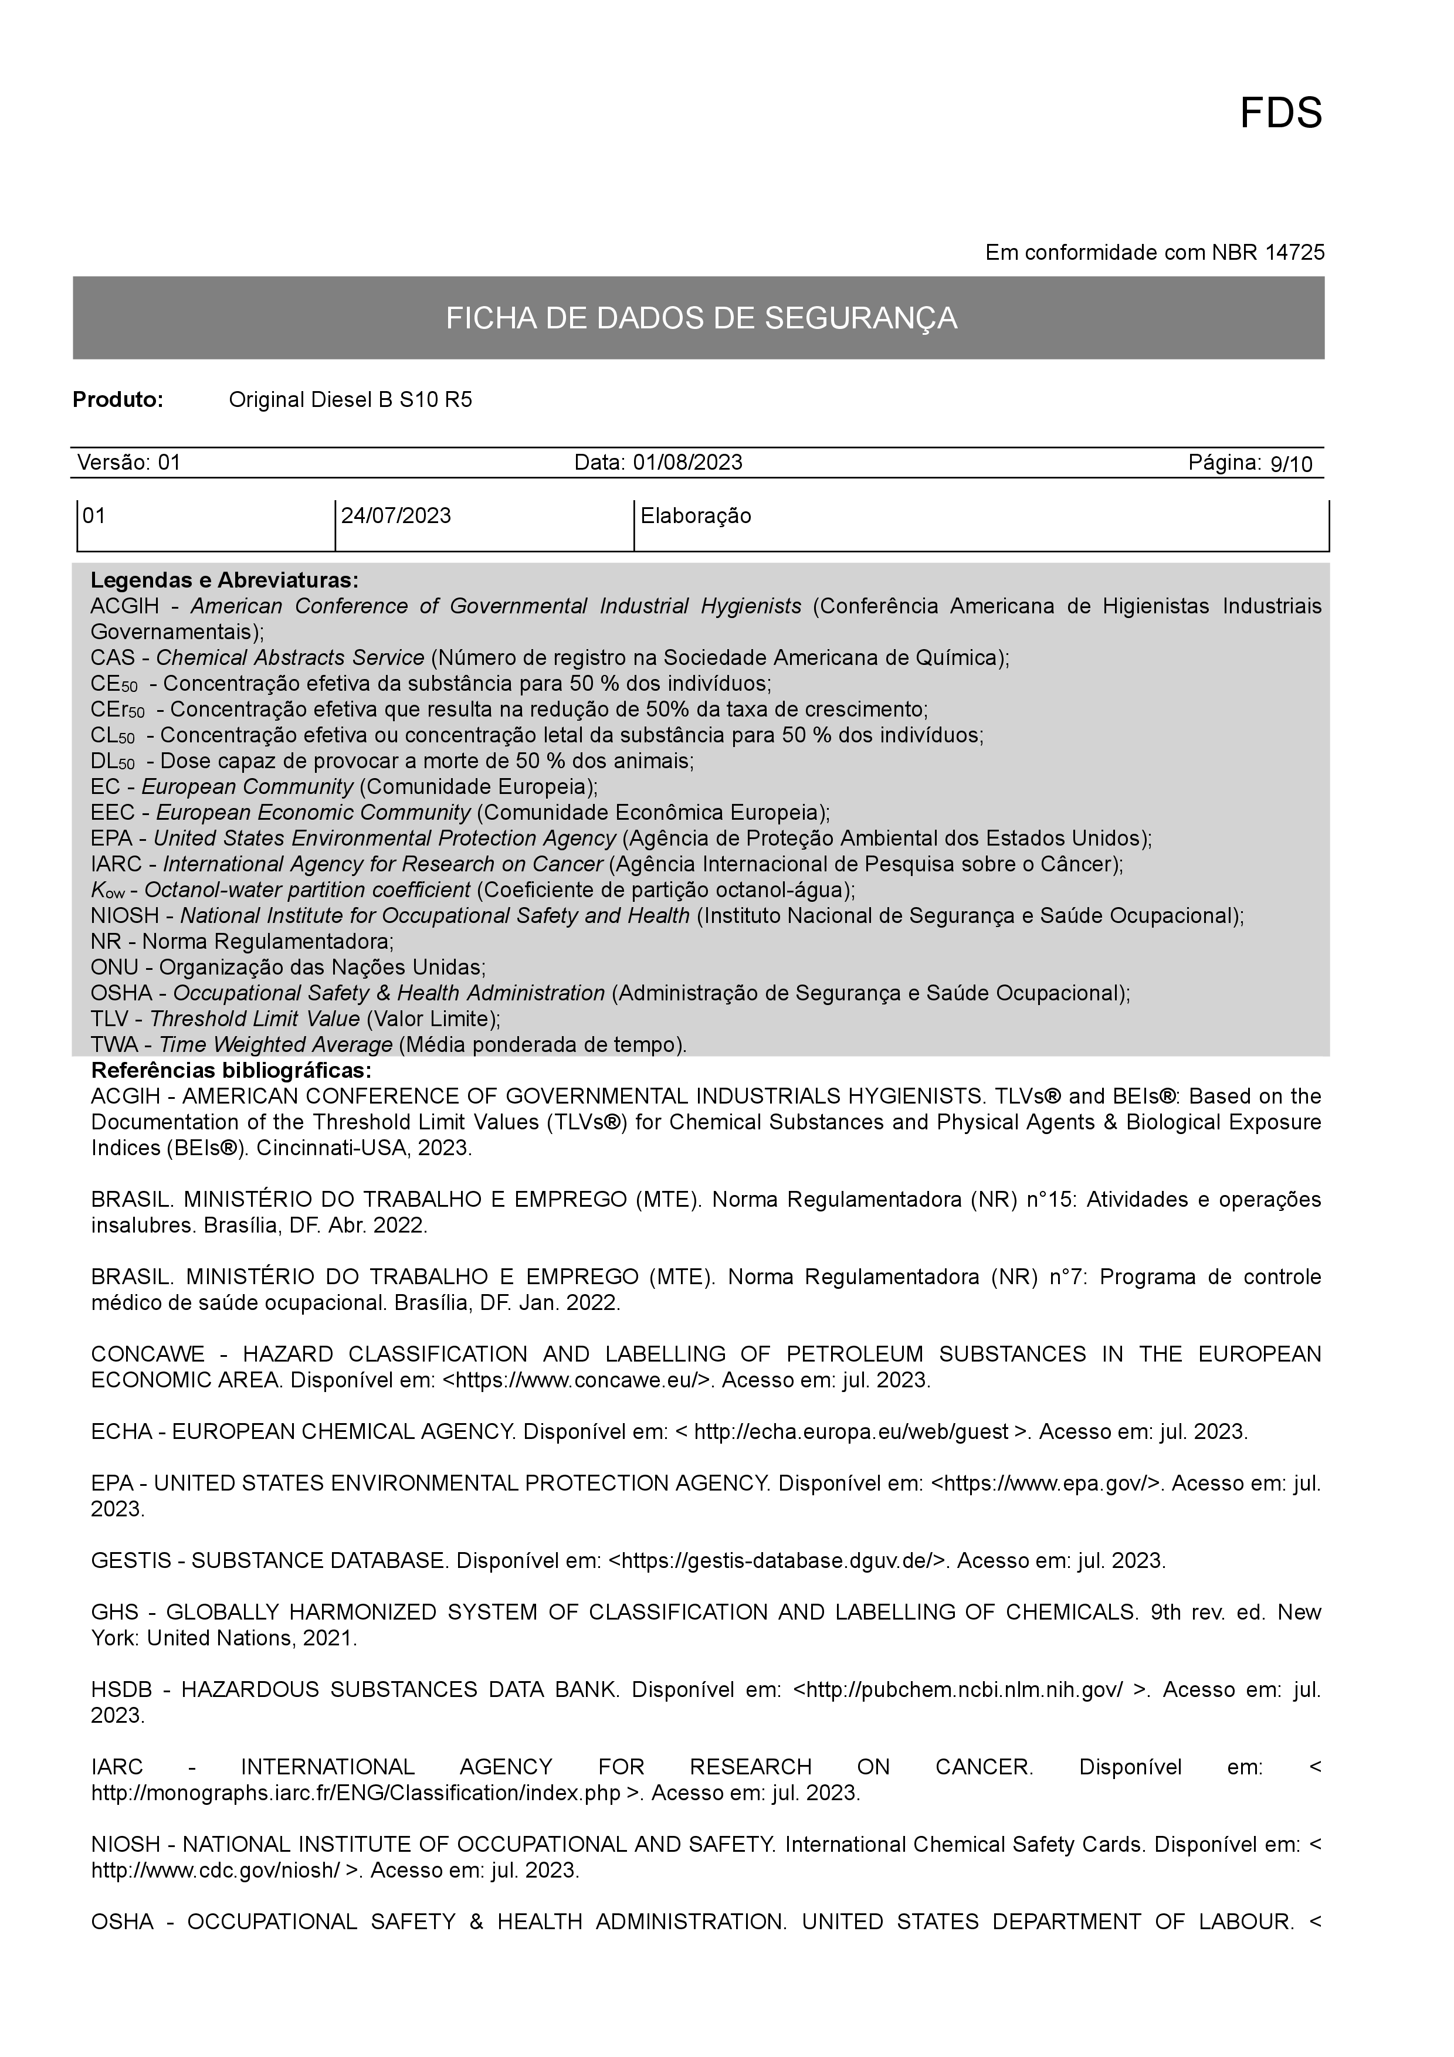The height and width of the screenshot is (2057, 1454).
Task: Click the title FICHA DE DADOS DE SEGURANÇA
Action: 701,318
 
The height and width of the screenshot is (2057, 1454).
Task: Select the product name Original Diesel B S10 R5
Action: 350,399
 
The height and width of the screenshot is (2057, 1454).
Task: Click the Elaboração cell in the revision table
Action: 695,516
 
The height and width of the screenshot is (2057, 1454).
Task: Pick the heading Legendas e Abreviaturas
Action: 224,580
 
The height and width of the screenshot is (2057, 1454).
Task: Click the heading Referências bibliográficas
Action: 231,1071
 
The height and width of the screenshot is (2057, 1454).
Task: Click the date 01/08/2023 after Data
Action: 687,462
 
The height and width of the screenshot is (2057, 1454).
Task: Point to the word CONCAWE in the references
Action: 148,1354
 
